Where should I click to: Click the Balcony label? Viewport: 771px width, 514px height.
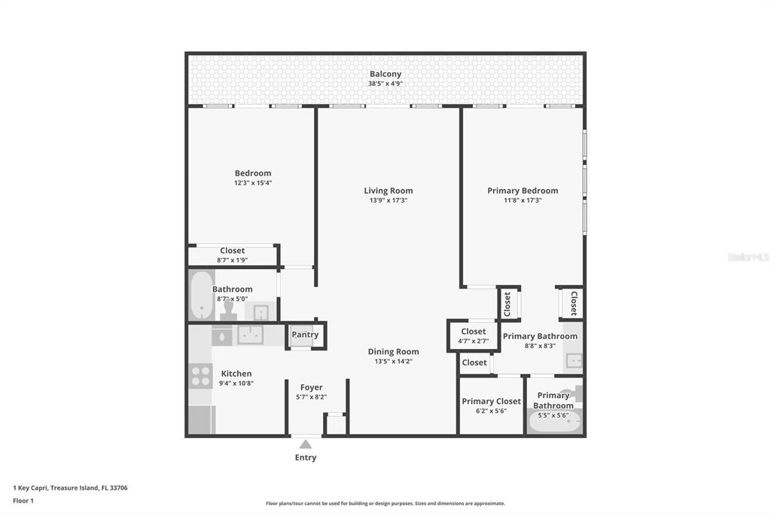click(x=385, y=74)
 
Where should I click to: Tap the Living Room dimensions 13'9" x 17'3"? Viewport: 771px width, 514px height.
click(x=389, y=200)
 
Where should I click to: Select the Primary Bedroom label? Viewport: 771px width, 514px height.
click(x=523, y=191)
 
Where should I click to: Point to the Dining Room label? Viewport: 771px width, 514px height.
click(x=393, y=351)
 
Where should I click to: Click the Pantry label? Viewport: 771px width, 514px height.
click(x=305, y=335)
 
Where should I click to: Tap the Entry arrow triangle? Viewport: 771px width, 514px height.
click(x=306, y=445)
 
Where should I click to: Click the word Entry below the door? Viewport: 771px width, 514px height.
click(x=306, y=457)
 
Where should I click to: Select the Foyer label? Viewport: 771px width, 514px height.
click(x=311, y=387)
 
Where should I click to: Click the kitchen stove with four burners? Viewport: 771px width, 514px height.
click(x=200, y=375)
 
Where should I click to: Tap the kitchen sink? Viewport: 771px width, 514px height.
click(x=250, y=335)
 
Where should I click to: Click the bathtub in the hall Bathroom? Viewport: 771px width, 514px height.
click(x=201, y=295)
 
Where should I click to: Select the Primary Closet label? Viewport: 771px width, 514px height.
click(x=491, y=401)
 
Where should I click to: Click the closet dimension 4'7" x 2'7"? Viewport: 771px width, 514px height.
click(x=473, y=341)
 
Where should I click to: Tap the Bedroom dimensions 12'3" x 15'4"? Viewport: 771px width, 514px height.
click(x=252, y=182)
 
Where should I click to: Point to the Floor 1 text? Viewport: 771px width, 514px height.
click(x=23, y=500)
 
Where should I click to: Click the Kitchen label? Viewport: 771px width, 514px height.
click(x=236, y=373)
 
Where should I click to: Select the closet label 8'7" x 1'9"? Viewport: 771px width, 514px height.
click(x=232, y=260)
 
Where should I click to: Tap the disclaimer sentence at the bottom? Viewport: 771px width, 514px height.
click(x=385, y=503)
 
